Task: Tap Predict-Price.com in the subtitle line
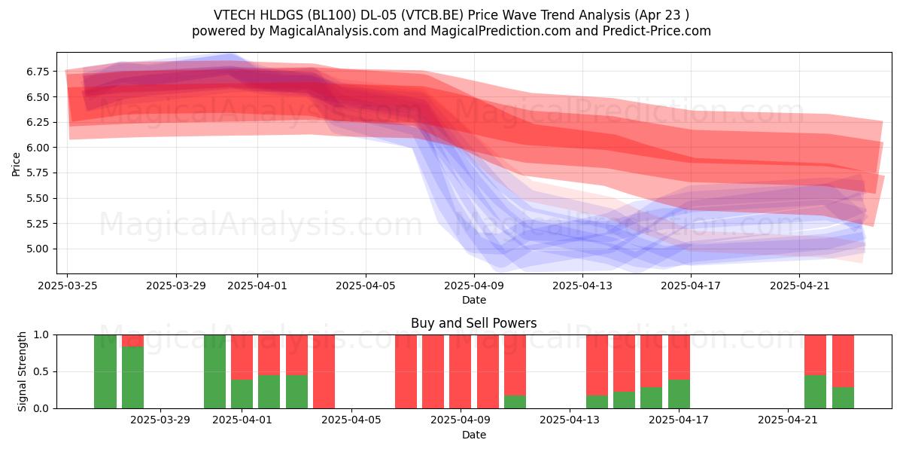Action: (x=657, y=31)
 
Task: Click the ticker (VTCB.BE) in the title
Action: (x=433, y=15)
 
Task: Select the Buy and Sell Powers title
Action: (x=473, y=323)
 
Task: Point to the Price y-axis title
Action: (x=16, y=164)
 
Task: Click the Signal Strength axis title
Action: (x=22, y=371)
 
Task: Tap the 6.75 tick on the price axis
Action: (x=38, y=72)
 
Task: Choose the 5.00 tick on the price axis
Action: (x=38, y=249)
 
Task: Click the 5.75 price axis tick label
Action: (x=38, y=173)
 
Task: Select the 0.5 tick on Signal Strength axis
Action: (x=41, y=371)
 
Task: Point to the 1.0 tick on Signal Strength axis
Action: (x=41, y=335)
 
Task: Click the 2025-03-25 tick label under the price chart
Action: (x=67, y=286)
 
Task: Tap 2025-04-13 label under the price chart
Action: (x=582, y=286)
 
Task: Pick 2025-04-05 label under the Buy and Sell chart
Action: (x=351, y=420)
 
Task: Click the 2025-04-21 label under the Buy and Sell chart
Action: (x=788, y=420)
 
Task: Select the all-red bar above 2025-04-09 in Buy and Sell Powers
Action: (x=461, y=371)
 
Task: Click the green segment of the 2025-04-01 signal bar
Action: (x=242, y=394)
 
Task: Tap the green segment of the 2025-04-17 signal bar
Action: (x=679, y=394)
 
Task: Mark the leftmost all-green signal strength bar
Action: (x=105, y=371)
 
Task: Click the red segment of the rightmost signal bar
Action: (x=843, y=361)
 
